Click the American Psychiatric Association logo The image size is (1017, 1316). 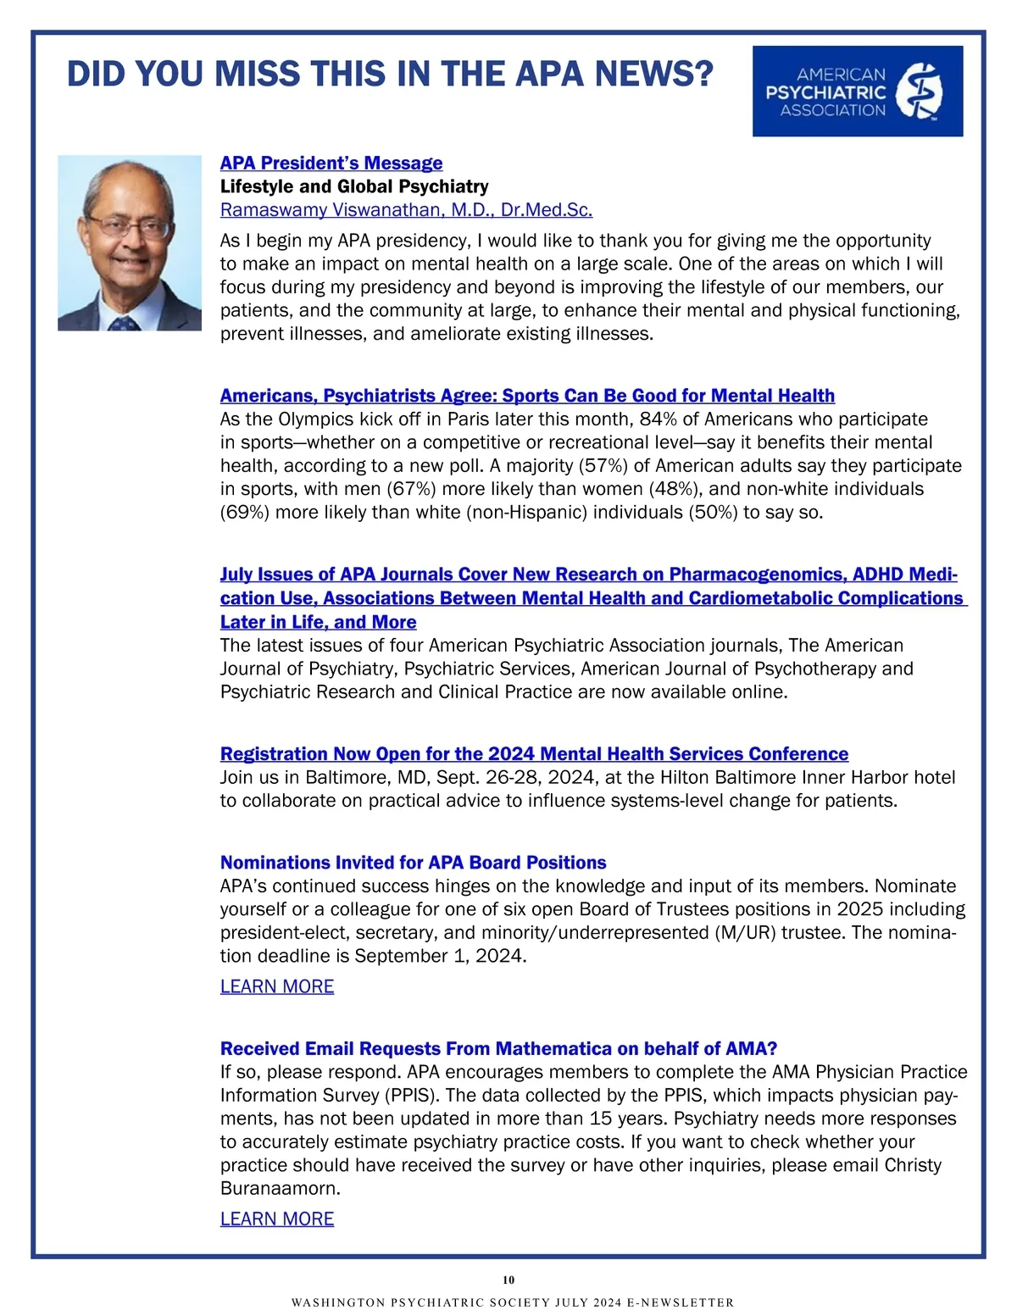(x=857, y=91)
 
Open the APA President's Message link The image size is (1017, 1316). (x=331, y=163)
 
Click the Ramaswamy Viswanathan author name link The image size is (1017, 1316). (x=406, y=210)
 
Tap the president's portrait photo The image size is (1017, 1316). (x=130, y=242)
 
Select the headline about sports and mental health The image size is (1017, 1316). (x=527, y=396)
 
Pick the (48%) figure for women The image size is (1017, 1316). (x=675, y=489)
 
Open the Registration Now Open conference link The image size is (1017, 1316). (x=534, y=754)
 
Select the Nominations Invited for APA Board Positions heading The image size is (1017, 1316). (x=413, y=863)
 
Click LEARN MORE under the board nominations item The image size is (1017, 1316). (x=277, y=986)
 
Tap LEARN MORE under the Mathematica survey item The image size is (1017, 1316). (x=277, y=1219)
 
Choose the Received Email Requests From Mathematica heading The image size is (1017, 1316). (x=498, y=1049)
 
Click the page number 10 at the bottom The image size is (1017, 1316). (x=508, y=1280)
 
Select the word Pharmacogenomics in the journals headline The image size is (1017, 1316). (x=756, y=575)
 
